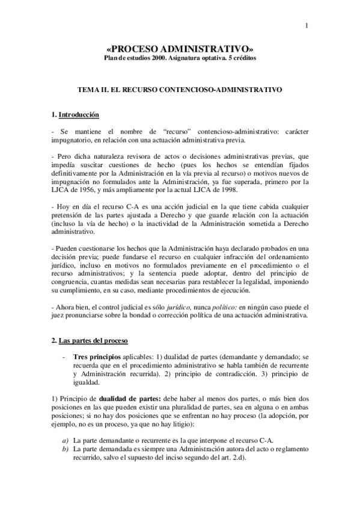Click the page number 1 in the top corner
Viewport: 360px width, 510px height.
point(307,25)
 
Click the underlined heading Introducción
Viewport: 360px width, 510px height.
point(78,114)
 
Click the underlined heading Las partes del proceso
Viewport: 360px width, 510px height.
point(93,341)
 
